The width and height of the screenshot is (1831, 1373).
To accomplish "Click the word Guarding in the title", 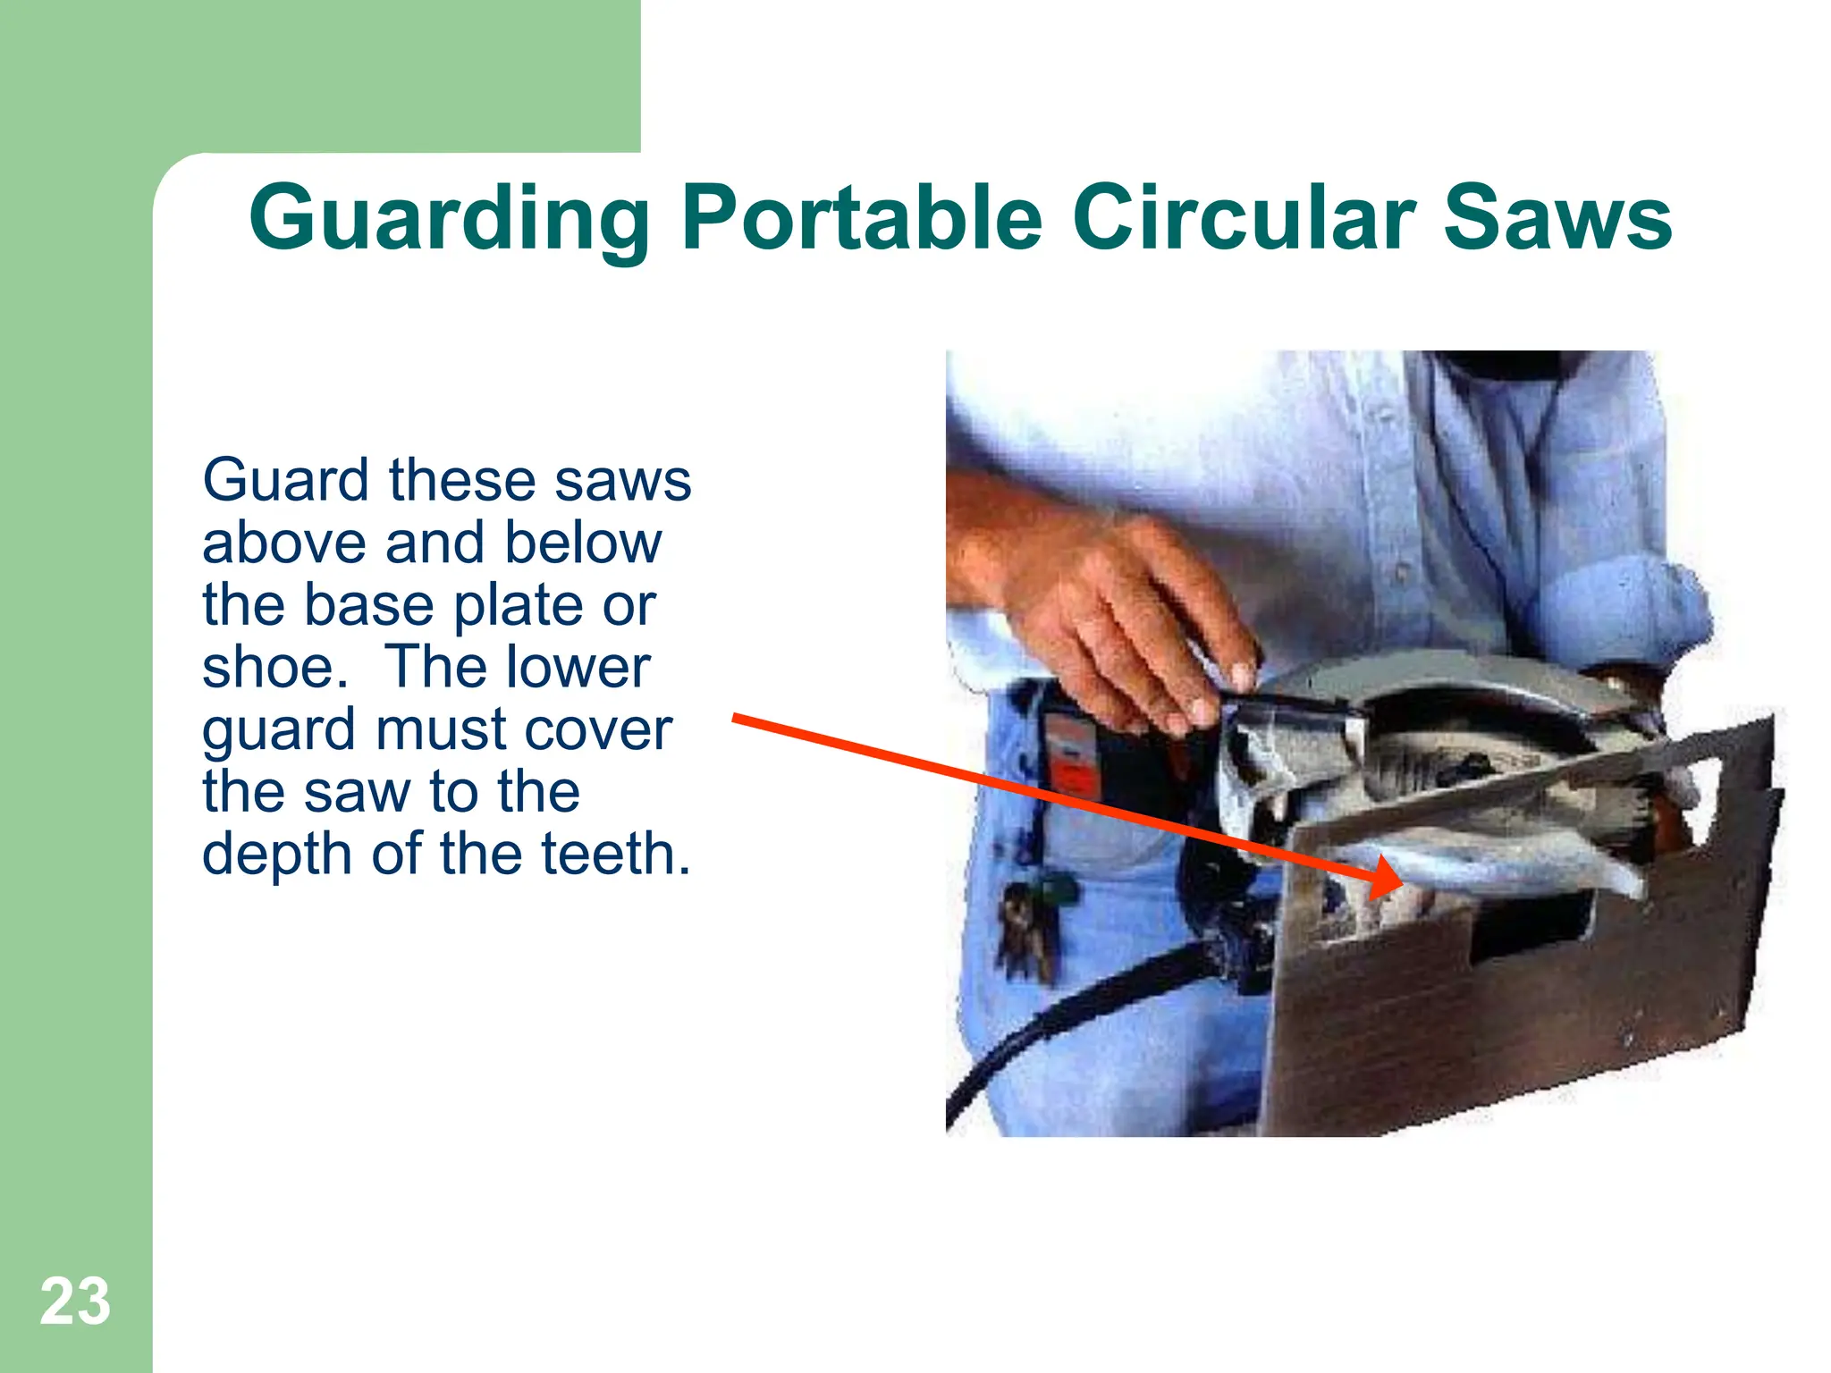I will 449,219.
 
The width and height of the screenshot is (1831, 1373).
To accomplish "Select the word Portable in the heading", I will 861,219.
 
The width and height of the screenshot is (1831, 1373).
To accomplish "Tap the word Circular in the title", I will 1245,219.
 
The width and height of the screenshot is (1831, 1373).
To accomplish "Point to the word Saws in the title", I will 1557,219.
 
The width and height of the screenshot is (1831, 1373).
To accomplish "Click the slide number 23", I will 75,1301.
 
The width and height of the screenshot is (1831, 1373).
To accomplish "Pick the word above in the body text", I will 284,543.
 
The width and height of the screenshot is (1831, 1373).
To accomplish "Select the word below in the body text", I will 583,543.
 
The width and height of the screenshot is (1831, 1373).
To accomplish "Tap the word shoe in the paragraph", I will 270,668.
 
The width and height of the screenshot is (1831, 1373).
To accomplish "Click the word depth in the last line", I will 278,855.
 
